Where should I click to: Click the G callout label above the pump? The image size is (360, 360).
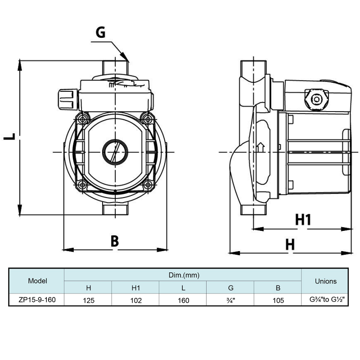pyautogui.click(x=101, y=33)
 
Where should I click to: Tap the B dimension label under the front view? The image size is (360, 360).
pyautogui.click(x=115, y=241)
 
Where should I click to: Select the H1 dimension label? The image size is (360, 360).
pyautogui.click(x=303, y=220)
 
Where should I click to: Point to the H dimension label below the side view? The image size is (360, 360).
pyautogui.click(x=290, y=244)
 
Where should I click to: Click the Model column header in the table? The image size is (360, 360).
pyautogui.click(x=37, y=281)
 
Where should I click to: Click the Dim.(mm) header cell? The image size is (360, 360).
pyautogui.click(x=183, y=274)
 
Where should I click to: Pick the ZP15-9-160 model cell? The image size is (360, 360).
pyautogui.click(x=37, y=300)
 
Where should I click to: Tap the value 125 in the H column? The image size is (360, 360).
pyautogui.click(x=89, y=300)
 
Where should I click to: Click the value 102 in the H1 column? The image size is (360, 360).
pyautogui.click(x=136, y=300)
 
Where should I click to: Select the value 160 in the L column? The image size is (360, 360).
pyautogui.click(x=183, y=300)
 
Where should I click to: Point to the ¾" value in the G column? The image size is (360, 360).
pyautogui.click(x=231, y=300)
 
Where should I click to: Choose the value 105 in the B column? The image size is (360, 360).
pyautogui.click(x=278, y=300)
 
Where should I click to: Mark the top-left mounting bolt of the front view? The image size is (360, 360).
pyautogui.click(x=82, y=119)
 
